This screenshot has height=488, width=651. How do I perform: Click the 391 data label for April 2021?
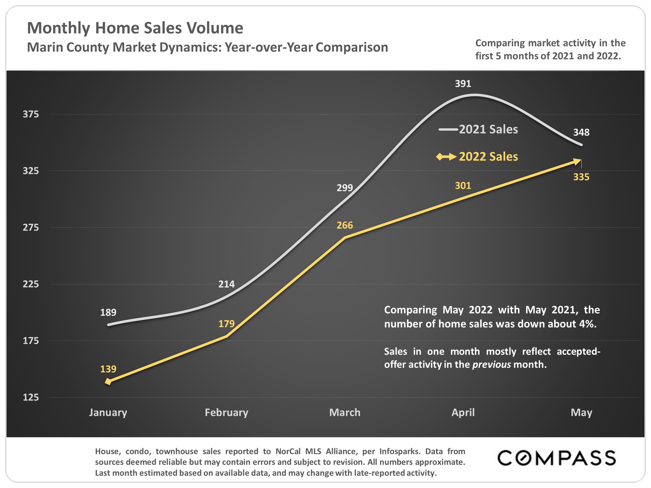463,84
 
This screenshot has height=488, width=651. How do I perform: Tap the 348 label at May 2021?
581,132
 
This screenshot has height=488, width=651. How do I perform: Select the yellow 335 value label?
581,177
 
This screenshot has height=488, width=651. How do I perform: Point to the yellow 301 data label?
463,186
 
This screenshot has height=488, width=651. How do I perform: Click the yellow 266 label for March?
345,225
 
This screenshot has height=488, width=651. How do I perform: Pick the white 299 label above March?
345,188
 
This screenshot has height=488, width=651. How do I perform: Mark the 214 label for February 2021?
226,284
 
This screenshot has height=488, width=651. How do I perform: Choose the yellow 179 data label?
226,324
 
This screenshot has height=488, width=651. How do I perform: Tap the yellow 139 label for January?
108,369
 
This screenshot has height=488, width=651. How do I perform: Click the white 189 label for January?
108,312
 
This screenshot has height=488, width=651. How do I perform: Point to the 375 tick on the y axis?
31,114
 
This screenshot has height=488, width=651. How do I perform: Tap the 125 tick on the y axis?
31,397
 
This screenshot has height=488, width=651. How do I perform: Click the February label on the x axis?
226,413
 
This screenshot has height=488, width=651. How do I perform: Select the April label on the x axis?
463,413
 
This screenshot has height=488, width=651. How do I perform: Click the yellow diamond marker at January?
108,382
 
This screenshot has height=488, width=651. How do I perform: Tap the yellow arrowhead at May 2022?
577,161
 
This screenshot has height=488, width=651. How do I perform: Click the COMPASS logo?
556,458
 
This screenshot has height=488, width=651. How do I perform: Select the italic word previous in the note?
491,364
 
